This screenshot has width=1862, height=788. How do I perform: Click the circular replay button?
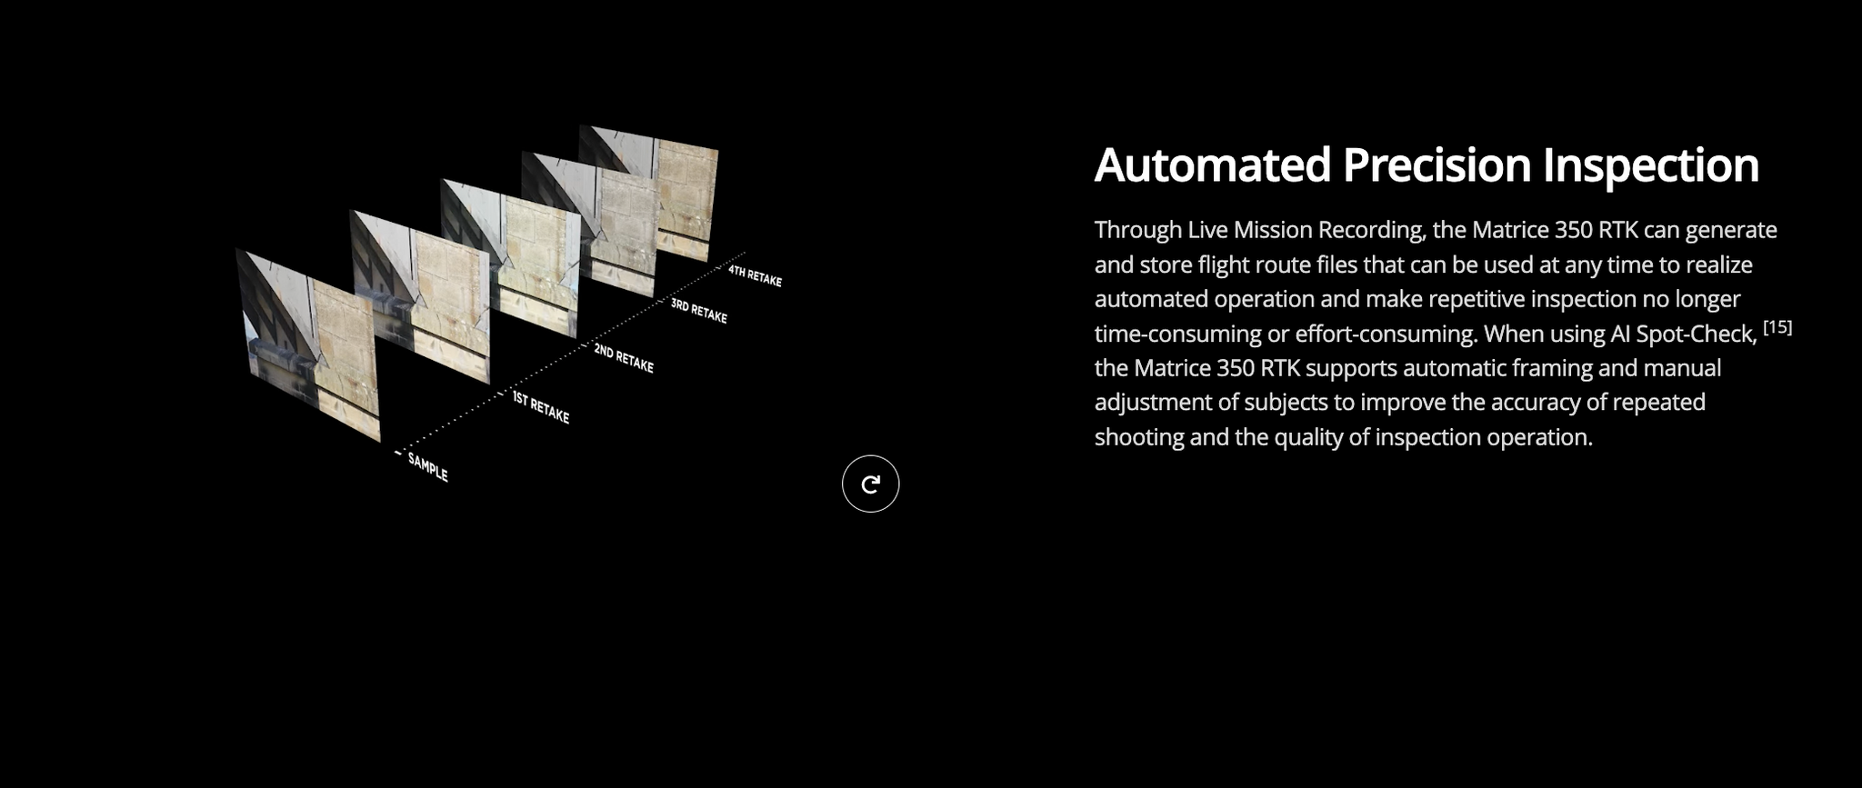[x=870, y=484]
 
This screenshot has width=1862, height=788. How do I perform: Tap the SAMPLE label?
[x=427, y=467]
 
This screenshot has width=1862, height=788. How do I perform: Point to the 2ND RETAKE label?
[x=624, y=358]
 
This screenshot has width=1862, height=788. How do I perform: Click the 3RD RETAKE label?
[x=699, y=310]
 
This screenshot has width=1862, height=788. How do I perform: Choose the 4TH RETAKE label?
[x=755, y=275]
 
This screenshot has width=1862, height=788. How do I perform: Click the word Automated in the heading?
[x=1213, y=165]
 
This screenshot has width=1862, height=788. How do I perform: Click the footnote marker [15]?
[x=1777, y=327]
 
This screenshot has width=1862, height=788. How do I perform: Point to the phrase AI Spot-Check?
[x=1683, y=334]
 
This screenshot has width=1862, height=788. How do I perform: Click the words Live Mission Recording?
[x=1306, y=230]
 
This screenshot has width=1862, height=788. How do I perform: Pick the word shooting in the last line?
[x=1139, y=438]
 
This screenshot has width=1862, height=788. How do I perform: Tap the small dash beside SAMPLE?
[x=397, y=453]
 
